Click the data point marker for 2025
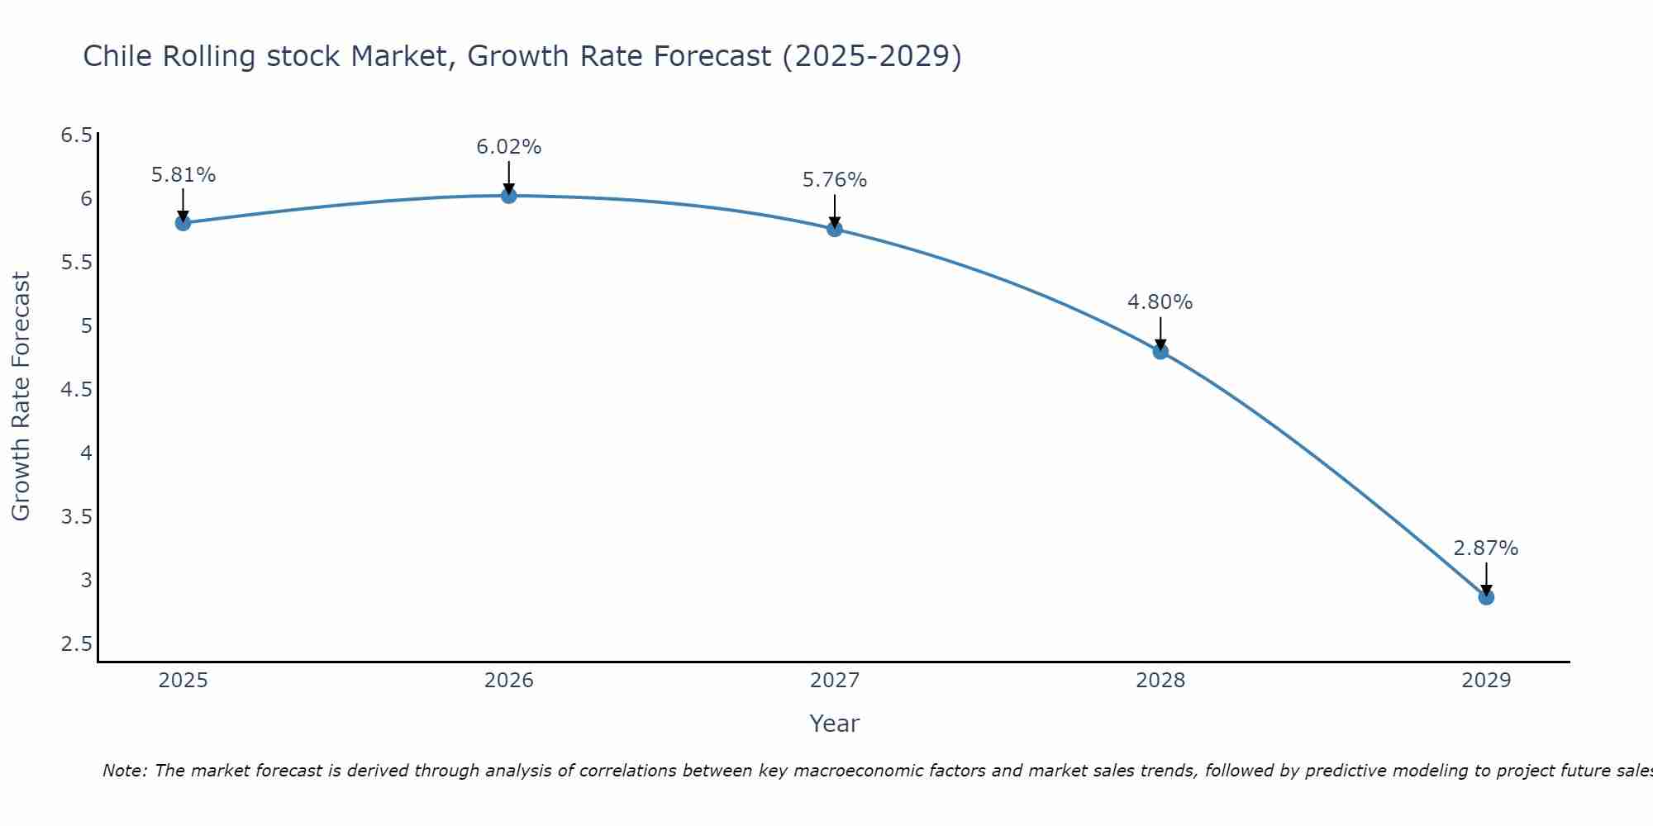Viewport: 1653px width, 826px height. [183, 223]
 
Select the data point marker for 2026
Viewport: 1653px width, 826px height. [509, 196]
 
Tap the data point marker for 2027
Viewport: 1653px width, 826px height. [835, 229]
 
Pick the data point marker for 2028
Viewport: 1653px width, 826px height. [1160, 352]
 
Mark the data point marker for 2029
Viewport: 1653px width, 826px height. [1486, 597]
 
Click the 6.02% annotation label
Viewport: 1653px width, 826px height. [509, 147]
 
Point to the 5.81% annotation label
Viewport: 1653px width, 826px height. [183, 175]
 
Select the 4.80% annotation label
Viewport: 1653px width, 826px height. [1160, 302]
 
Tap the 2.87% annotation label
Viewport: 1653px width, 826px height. [1486, 548]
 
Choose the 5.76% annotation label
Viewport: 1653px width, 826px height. [835, 180]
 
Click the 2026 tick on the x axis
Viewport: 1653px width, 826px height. [509, 681]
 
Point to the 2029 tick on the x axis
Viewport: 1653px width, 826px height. [1486, 681]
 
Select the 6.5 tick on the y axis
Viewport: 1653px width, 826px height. [77, 135]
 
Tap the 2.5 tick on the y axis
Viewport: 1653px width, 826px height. [77, 644]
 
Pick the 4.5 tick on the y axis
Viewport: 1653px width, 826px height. [77, 390]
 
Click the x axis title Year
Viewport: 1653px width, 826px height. [835, 724]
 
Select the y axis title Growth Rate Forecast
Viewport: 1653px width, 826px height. [21, 396]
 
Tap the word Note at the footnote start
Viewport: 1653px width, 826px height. [123, 771]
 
